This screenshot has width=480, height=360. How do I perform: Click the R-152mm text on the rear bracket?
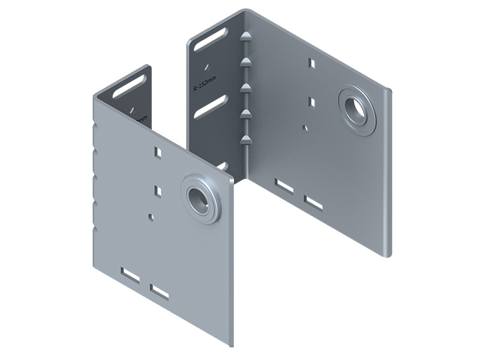pyautogui.click(x=204, y=82)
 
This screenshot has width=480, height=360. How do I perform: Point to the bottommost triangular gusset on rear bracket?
pyautogui.click(x=245, y=140)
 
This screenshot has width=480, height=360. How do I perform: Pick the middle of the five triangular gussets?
pyautogui.click(x=244, y=88)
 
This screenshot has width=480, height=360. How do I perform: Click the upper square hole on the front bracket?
pyautogui.click(x=158, y=152)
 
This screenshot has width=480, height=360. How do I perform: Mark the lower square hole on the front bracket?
pyautogui.click(x=158, y=191)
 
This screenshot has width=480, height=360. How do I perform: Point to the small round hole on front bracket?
pyautogui.click(x=150, y=215)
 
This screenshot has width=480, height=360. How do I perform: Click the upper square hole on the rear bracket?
pyautogui.click(x=311, y=62)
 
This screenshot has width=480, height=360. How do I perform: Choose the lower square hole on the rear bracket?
pyautogui.click(x=311, y=102)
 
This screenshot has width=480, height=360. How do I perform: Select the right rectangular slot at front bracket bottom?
pyautogui.click(x=160, y=292)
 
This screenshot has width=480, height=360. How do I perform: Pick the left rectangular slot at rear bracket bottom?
pyautogui.click(x=284, y=186)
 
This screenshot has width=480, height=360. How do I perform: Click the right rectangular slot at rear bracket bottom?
pyautogui.click(x=313, y=203)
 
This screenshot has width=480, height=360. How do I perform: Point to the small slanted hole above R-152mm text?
pyautogui.click(x=206, y=67)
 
